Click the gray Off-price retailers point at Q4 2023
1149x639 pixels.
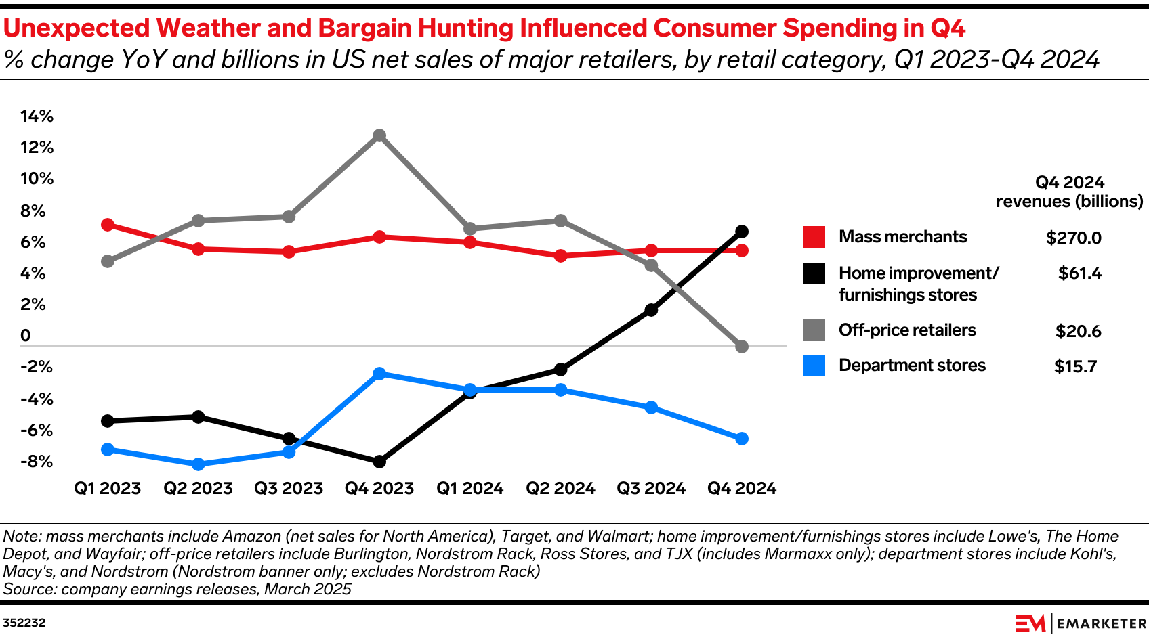(379, 135)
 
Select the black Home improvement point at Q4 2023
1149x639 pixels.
(379, 462)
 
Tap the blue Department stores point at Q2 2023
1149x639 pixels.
(198, 464)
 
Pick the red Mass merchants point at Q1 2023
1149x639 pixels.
(107, 225)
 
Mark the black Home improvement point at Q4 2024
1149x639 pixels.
(742, 232)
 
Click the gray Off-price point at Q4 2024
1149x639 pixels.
(742, 347)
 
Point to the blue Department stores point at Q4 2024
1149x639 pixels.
(742, 439)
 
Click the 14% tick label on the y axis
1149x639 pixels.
(37, 116)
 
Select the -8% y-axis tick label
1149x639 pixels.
(37, 462)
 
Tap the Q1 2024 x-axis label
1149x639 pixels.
(469, 489)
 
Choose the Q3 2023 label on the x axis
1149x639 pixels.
(289, 489)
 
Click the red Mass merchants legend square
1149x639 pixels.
(814, 237)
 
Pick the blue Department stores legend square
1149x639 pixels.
(814, 366)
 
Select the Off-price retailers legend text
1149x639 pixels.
(907, 330)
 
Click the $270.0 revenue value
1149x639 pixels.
(1074, 238)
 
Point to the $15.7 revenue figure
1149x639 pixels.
(1075, 367)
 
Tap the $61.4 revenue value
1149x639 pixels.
(1080, 273)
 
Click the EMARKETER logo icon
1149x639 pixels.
(1030, 623)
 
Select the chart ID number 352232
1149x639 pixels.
(24, 623)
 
